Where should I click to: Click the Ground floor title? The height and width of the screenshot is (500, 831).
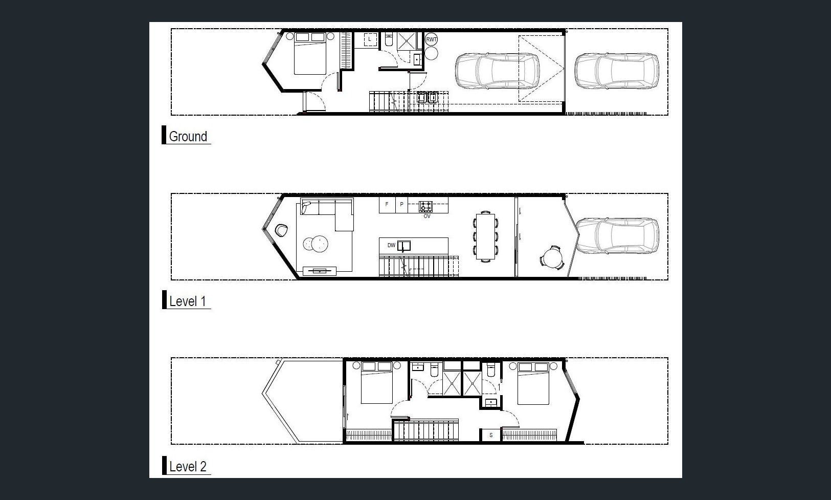point(188,136)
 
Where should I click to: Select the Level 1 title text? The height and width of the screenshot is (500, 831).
point(188,301)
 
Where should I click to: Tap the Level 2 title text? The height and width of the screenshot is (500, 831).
point(188,466)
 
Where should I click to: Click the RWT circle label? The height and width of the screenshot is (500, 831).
point(431,39)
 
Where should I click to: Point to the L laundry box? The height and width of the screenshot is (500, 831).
point(370,39)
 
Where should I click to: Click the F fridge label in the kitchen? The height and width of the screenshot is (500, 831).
point(387,204)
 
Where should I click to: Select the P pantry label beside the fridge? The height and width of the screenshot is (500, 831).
point(401,204)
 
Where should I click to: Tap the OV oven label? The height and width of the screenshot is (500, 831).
point(427,216)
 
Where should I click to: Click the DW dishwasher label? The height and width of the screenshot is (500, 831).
point(391,245)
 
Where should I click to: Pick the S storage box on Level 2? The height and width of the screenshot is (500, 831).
point(491,435)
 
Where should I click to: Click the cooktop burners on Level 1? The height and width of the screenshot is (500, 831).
point(425,206)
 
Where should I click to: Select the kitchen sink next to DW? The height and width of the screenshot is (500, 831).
point(404,246)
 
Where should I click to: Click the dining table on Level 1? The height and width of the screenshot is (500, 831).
point(485,236)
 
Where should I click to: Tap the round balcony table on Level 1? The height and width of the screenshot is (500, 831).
point(553,257)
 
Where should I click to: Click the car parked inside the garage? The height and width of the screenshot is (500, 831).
point(497,71)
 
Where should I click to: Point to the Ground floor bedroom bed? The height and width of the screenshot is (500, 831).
point(310,53)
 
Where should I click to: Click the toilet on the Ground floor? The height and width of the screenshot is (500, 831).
point(389,39)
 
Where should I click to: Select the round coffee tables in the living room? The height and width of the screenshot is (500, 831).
point(316,244)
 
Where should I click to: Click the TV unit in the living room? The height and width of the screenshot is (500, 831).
point(320,271)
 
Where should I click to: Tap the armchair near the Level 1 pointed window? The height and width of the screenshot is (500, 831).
point(281,230)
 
